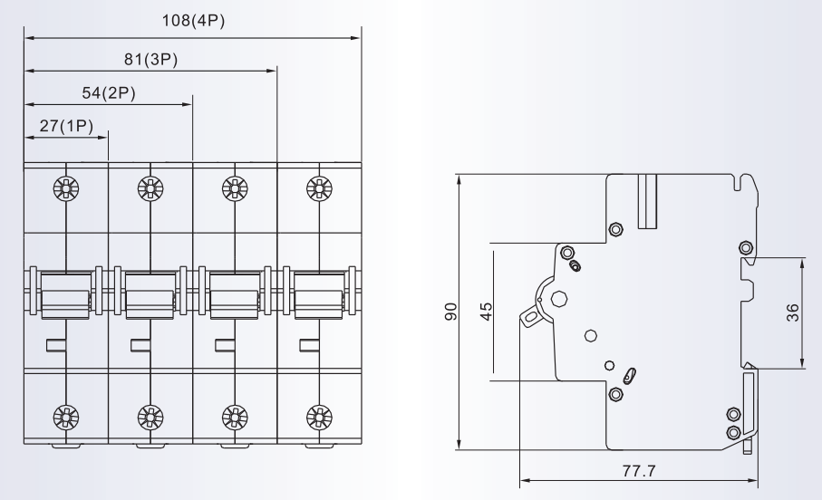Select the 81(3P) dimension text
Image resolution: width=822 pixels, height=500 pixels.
tap(150, 59)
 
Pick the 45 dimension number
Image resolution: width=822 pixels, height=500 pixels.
tap(487, 311)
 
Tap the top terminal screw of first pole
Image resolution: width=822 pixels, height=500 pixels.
tap(66, 188)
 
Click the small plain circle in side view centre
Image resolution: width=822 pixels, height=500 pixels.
tap(591, 336)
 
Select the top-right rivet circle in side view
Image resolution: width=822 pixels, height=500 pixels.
tap(745, 247)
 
